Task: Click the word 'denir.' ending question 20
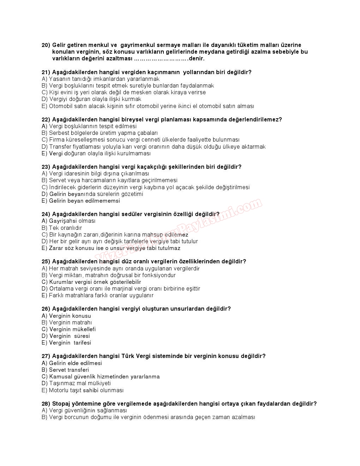point(197,59)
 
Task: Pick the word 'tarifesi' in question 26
point(82,343)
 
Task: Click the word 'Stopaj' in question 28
point(62,404)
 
